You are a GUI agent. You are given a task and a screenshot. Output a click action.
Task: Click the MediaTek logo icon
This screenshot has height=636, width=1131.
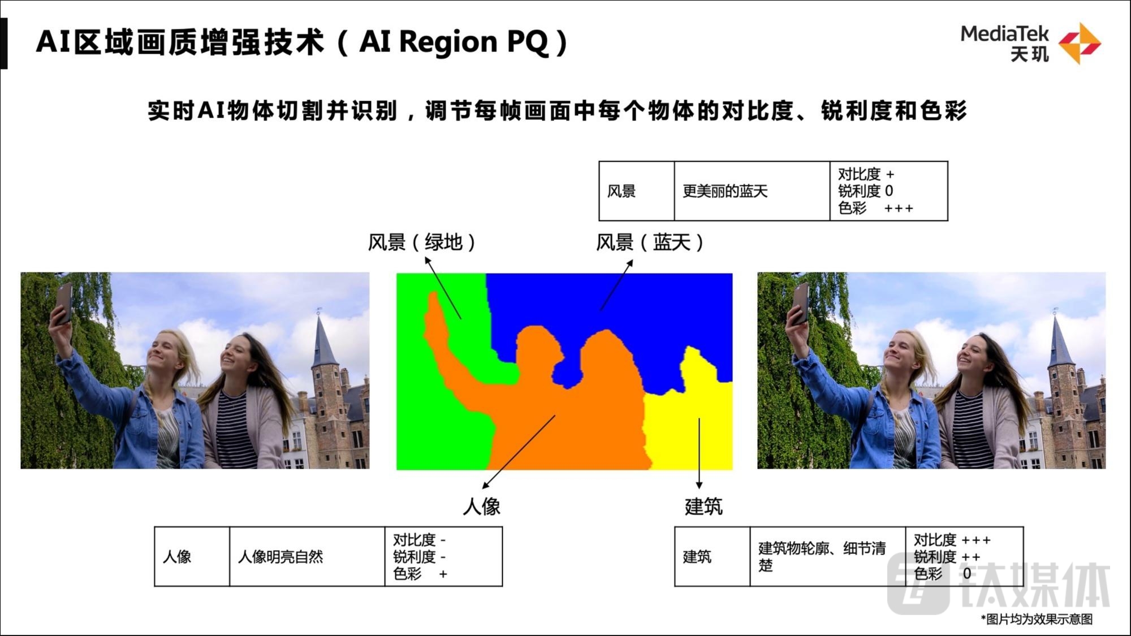click(1079, 44)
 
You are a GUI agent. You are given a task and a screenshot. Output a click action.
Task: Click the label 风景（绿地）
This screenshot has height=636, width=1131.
click(421, 242)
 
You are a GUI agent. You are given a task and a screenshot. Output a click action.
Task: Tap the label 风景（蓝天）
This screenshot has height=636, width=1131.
click(650, 242)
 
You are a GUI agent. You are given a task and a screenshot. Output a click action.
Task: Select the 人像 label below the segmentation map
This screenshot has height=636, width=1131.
click(482, 506)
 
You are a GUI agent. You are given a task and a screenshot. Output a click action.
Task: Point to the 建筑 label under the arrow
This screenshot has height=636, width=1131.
click(703, 506)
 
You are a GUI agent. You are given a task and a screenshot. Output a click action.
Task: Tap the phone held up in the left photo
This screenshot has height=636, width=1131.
click(63, 302)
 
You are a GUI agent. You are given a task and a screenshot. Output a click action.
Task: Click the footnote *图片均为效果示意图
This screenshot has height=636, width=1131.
click(1037, 619)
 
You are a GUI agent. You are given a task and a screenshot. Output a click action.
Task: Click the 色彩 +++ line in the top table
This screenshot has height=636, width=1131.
click(875, 208)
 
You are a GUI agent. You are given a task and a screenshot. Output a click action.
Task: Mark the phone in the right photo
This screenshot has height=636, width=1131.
click(800, 302)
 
